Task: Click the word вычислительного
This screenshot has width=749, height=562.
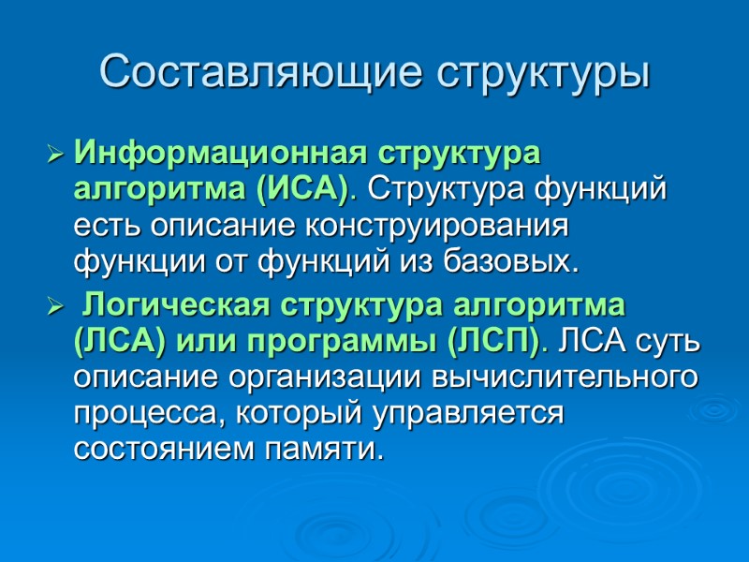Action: click(x=565, y=378)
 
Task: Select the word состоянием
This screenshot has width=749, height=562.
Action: click(x=156, y=451)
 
